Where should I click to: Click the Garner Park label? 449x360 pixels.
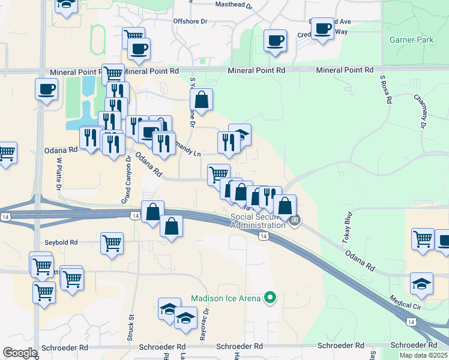point(411,40)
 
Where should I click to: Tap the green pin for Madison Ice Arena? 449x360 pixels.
point(270,297)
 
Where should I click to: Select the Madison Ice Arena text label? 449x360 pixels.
point(226,298)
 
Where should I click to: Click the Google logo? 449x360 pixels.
point(20,353)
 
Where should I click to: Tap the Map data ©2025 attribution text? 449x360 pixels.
point(423,355)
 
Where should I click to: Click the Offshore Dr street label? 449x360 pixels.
point(190,21)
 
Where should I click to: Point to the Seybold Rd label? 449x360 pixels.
point(61,242)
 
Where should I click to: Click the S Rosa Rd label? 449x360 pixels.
point(385,89)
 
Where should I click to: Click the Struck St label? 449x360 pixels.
point(130,328)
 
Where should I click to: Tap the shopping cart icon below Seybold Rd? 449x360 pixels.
point(112,244)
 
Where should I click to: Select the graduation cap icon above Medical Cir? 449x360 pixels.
point(422,283)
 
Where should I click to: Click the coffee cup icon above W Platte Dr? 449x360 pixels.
point(46,90)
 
